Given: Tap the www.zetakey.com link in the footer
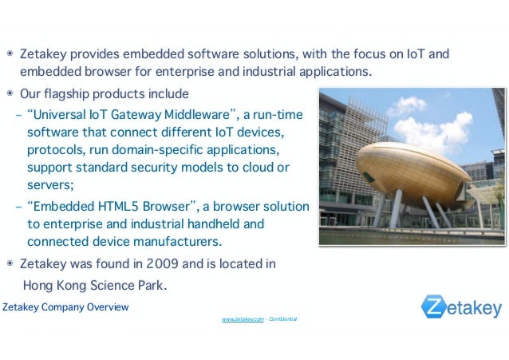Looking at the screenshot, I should pyautogui.click(x=243, y=319).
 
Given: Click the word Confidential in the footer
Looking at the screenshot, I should pyautogui.click(x=283, y=319).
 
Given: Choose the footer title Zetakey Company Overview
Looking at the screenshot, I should pyautogui.click(x=65, y=307).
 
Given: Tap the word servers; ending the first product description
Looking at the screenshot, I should pyautogui.click(x=50, y=185).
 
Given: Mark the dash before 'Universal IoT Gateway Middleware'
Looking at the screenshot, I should pyautogui.click(x=18, y=113).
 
